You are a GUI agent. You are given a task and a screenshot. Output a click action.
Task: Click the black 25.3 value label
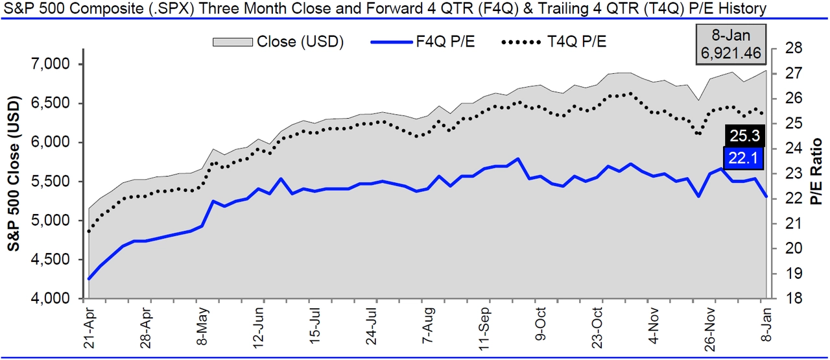(744, 136)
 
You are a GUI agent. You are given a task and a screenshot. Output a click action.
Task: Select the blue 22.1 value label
(744, 158)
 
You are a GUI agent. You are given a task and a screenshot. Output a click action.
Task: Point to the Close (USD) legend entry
(278, 42)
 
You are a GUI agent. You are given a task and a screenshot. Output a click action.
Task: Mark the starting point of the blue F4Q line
(89, 279)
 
